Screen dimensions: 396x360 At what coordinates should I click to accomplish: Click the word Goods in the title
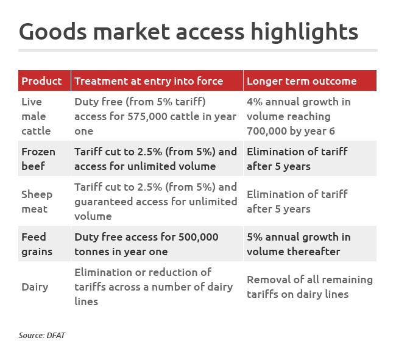53,32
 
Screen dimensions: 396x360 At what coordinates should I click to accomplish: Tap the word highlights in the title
305,32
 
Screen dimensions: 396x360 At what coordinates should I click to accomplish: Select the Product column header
41,81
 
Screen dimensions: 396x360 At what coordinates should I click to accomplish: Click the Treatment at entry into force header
149,81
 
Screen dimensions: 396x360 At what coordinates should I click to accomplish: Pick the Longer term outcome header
302,81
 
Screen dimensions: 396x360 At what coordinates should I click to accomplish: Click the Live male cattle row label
36,116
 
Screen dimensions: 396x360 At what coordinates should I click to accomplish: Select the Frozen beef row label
38,159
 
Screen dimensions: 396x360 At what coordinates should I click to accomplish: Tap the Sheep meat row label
37,202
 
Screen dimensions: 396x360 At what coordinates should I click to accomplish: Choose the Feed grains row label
37,244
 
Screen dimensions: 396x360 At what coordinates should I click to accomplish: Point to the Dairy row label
35,287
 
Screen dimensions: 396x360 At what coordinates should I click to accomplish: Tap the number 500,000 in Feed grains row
198,237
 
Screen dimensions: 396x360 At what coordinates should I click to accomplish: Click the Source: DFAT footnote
42,335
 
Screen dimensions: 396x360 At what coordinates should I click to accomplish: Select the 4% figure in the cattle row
255,102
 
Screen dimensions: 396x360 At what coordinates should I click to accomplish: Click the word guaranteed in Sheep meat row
104,202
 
